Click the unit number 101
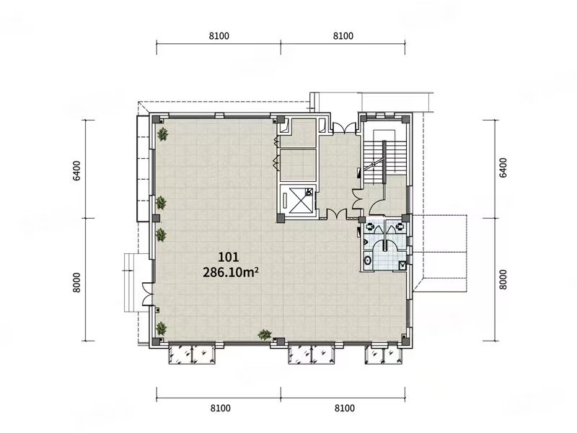coord(229,257)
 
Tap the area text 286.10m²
coord(230,273)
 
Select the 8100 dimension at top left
coord(219,35)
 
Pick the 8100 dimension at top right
coord(343,35)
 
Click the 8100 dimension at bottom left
coord(221,408)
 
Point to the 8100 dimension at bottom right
coord(345,408)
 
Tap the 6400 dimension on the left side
coord(76,170)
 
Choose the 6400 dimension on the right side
coord(503,167)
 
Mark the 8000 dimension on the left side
coord(76,282)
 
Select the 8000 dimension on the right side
coord(503,280)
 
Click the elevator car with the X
coord(298,201)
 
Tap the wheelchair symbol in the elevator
coord(309,191)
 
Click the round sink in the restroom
coord(367,261)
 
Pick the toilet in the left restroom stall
coord(370,227)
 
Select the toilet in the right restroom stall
coord(400,227)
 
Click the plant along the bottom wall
coord(265,335)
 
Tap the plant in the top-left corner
coord(163,134)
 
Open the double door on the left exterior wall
coord(148,294)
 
